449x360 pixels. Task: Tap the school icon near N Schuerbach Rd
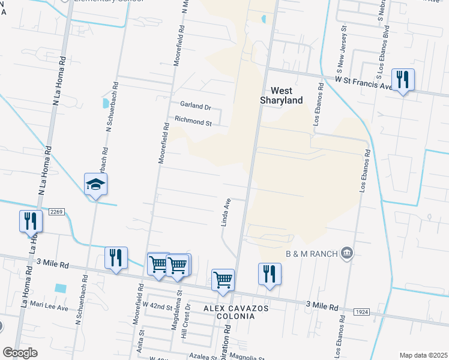click(x=95, y=184)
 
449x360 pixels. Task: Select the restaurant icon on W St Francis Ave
click(x=402, y=79)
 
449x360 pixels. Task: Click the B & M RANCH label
click(x=313, y=253)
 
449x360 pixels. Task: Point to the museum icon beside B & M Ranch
click(x=346, y=253)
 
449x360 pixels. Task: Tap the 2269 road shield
click(x=56, y=212)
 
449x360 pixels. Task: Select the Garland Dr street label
click(x=196, y=106)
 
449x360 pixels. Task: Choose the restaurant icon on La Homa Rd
click(x=30, y=221)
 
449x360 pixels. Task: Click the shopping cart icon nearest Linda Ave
click(x=223, y=279)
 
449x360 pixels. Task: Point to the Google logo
click(x=20, y=353)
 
